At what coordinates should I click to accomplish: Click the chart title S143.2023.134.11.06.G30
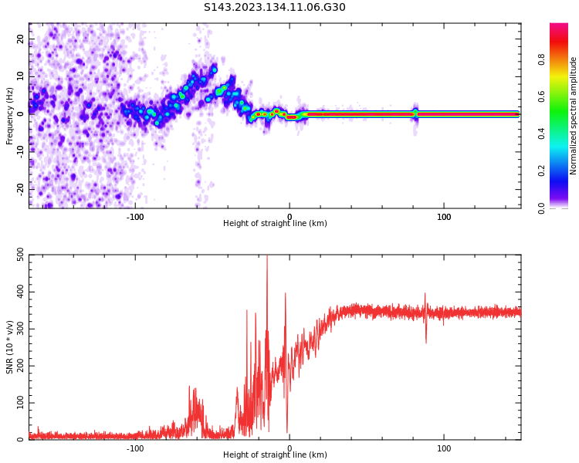[x=275, y=8]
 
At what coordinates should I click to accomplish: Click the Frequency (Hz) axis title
[x=10, y=116]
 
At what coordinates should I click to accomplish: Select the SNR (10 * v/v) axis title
[x=10, y=347]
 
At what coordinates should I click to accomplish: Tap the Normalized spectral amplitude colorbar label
[x=574, y=116]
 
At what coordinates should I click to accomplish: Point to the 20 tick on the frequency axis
[x=20, y=39]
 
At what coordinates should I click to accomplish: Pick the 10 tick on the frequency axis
[x=20, y=77]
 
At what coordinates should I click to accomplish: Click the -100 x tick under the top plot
[x=135, y=217]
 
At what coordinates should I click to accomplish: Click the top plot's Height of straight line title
[x=275, y=224]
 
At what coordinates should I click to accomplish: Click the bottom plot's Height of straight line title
[x=275, y=455]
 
